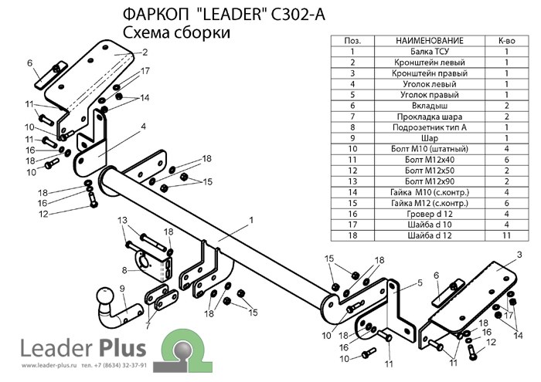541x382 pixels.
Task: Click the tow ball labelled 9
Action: tap(105, 299)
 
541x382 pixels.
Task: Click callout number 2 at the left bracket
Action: tap(144, 52)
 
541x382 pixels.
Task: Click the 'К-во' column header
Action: tap(506, 39)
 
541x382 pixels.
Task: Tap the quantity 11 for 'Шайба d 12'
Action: tap(506, 234)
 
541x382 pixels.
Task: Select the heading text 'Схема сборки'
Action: tap(176, 32)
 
